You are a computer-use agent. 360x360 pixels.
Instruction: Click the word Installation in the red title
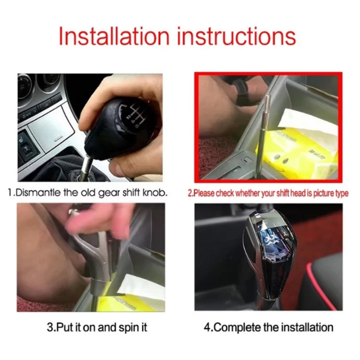[x=114, y=36]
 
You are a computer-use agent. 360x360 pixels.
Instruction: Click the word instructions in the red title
[x=237, y=36]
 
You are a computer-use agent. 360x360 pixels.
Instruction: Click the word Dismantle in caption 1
[x=39, y=193]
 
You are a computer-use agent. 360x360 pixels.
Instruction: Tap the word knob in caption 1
[x=155, y=193]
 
